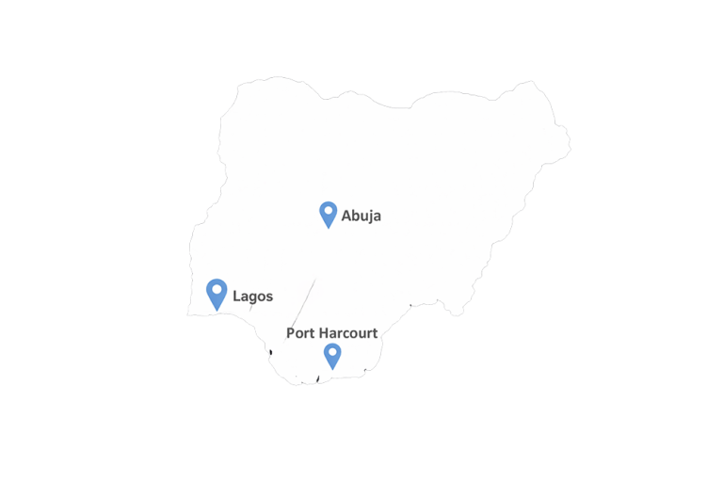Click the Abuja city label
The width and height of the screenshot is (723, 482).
[x=361, y=216]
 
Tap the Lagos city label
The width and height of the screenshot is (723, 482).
[x=252, y=297]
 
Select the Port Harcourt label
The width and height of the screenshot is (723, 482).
[x=331, y=333]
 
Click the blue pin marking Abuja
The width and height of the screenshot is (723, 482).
[x=329, y=214]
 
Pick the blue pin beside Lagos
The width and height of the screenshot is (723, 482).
[x=217, y=293]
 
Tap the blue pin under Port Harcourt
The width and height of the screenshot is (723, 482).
[x=331, y=355]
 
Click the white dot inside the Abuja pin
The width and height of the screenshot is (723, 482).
[x=329, y=210]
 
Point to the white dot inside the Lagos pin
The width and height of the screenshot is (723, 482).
[x=217, y=289]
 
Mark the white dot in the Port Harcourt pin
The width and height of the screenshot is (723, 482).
[x=331, y=352]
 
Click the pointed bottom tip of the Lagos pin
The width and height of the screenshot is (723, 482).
[x=217, y=311]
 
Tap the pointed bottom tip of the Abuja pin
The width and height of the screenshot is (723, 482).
[x=329, y=228]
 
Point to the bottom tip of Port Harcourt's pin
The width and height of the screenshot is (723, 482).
[x=331, y=369]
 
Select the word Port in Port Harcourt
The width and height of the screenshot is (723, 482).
[x=299, y=333]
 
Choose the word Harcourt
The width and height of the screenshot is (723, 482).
[x=347, y=333]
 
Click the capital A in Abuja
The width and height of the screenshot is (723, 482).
[x=346, y=216]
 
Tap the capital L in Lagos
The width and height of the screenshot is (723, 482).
[x=236, y=297]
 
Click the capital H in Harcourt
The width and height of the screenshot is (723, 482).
[x=322, y=333]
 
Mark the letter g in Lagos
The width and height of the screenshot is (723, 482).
[x=254, y=298]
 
